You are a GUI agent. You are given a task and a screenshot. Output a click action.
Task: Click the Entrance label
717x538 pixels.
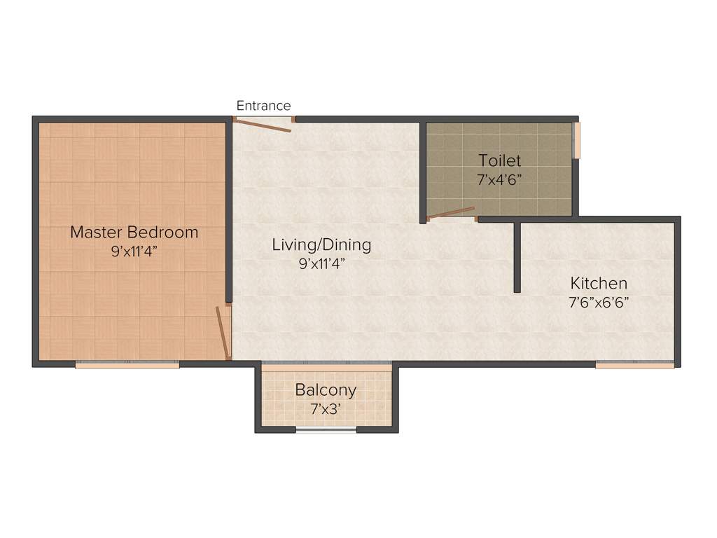(x=263, y=106)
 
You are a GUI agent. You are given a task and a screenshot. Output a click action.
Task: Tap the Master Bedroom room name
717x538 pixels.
(x=134, y=232)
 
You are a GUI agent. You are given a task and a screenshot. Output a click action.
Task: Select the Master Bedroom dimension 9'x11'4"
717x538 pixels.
(x=134, y=251)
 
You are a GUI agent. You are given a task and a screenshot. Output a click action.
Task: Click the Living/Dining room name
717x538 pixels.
(x=321, y=245)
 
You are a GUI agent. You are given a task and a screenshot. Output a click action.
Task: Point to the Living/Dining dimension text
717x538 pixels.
(x=321, y=264)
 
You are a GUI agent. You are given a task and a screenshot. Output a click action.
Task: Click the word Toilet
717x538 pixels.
(x=499, y=160)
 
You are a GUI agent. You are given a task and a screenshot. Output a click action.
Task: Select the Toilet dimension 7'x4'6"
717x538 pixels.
(x=499, y=179)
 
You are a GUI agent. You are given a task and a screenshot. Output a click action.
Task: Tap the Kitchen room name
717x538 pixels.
(x=599, y=284)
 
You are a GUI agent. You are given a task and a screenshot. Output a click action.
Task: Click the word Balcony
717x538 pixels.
(x=326, y=389)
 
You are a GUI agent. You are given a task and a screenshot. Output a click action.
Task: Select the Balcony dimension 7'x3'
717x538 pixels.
(x=326, y=408)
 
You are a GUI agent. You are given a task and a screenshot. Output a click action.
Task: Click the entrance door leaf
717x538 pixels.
(x=262, y=125)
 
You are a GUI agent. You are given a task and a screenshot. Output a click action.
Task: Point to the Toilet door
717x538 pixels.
(x=451, y=212)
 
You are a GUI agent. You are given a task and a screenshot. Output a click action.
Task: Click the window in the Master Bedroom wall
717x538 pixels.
(x=127, y=365)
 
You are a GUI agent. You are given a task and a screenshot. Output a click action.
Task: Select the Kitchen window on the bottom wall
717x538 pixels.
(x=634, y=365)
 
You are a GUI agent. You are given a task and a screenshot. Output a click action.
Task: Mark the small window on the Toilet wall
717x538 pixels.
(x=578, y=140)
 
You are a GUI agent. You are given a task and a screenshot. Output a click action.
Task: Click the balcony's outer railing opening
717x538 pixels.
(x=326, y=429)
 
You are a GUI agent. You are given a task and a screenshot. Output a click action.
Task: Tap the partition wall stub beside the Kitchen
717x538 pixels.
(x=517, y=257)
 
